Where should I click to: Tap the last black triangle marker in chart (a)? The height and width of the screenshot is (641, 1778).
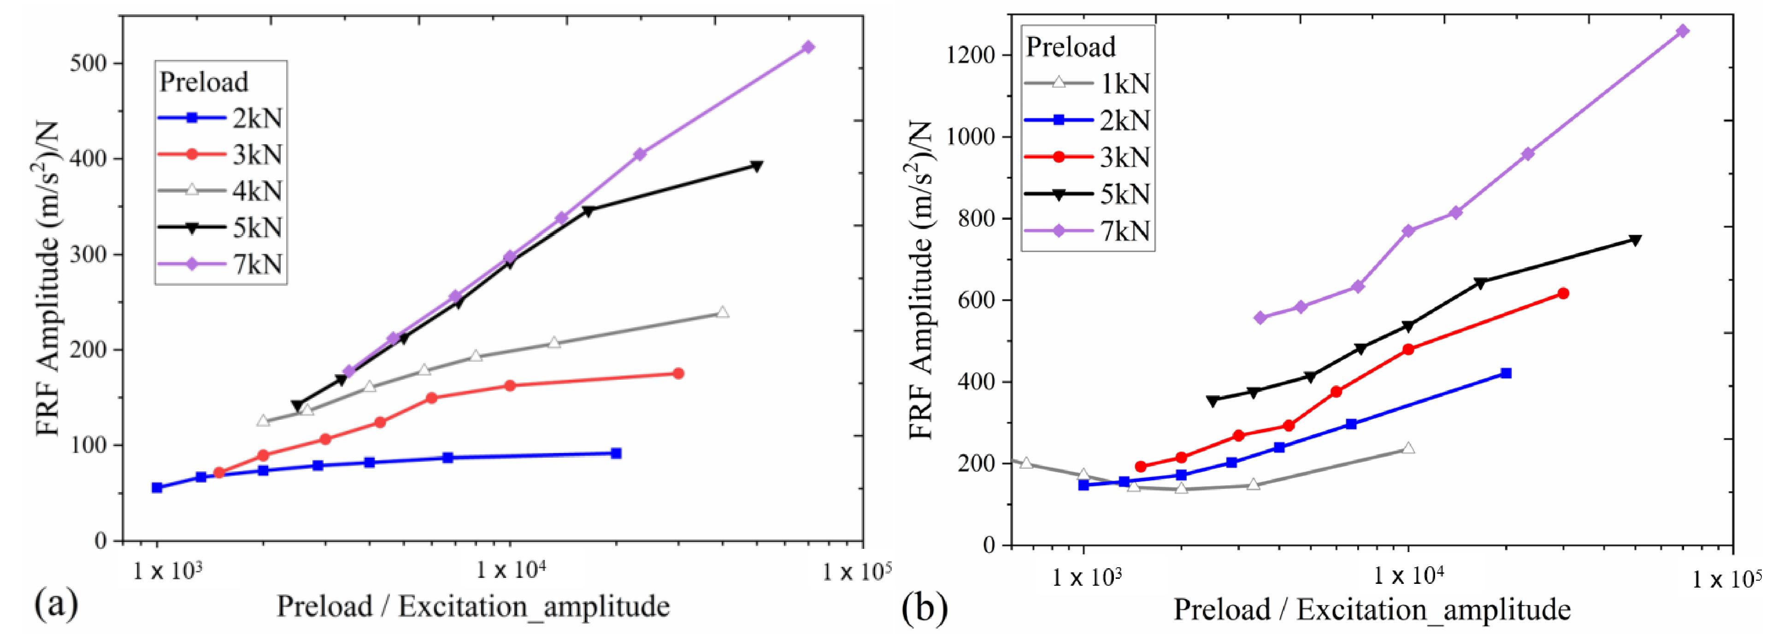(x=756, y=166)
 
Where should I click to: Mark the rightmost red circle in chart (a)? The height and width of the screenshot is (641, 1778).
(x=678, y=373)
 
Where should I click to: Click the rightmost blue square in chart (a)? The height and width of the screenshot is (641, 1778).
(x=616, y=453)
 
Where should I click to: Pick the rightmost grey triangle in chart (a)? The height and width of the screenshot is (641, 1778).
(x=723, y=312)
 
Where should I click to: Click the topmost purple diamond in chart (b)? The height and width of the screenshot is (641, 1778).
(x=1683, y=31)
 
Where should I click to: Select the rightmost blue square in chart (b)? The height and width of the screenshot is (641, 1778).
(x=1506, y=373)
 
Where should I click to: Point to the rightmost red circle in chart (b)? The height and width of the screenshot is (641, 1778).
(x=1563, y=293)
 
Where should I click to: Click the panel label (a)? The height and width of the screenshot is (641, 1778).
(x=57, y=604)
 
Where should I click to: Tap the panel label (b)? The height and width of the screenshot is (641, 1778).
(x=925, y=608)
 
